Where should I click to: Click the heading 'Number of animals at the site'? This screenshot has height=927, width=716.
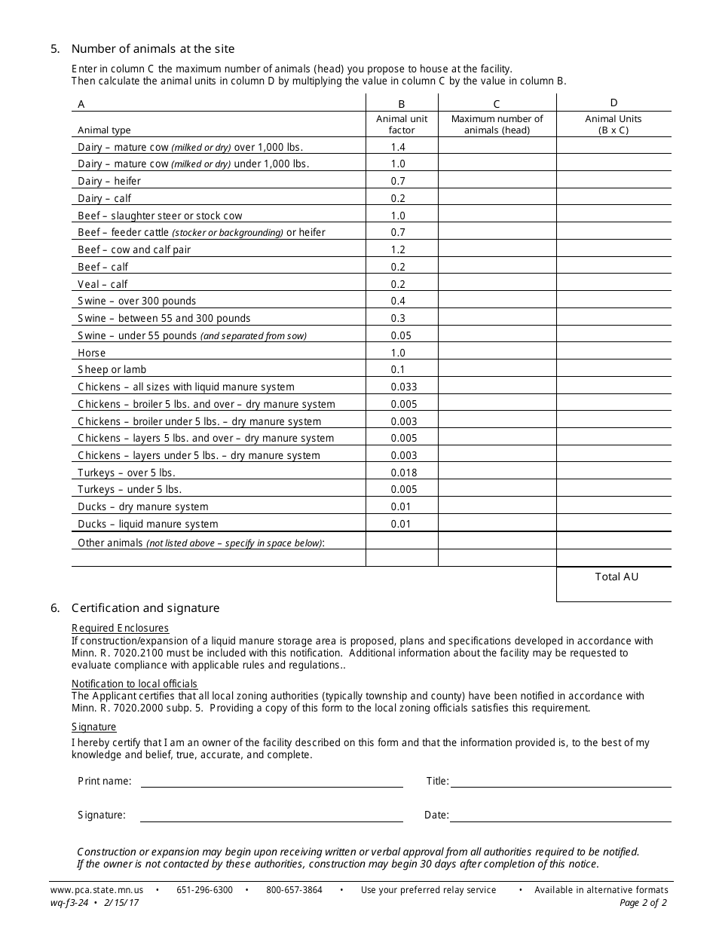pos(153,49)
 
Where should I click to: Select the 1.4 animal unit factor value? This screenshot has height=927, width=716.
pos(398,147)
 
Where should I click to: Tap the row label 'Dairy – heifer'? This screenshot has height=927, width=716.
pos(109,181)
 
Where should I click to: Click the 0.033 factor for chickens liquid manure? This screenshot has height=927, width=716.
pos(403,387)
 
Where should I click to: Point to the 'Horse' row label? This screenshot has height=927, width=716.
pos(92,353)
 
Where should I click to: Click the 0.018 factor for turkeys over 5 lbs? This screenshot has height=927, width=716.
pos(403,473)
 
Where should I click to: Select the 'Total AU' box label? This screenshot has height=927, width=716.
pos(617,577)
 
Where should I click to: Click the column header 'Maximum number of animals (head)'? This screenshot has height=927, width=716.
pos(497,124)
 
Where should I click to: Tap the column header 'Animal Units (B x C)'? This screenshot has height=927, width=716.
pos(613,124)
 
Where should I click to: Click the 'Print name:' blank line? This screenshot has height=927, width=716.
pos(271,782)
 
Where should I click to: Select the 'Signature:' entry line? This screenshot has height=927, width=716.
pos(271,816)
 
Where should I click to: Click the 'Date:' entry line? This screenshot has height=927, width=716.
pos(560,816)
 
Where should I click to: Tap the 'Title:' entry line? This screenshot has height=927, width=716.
pos(560,782)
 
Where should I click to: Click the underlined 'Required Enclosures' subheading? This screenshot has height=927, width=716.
pos(121,628)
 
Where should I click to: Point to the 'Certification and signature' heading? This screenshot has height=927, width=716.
pos(145,608)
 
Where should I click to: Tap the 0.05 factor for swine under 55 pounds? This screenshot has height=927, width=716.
pos(401,335)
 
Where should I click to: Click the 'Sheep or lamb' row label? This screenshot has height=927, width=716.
pos(112,369)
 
